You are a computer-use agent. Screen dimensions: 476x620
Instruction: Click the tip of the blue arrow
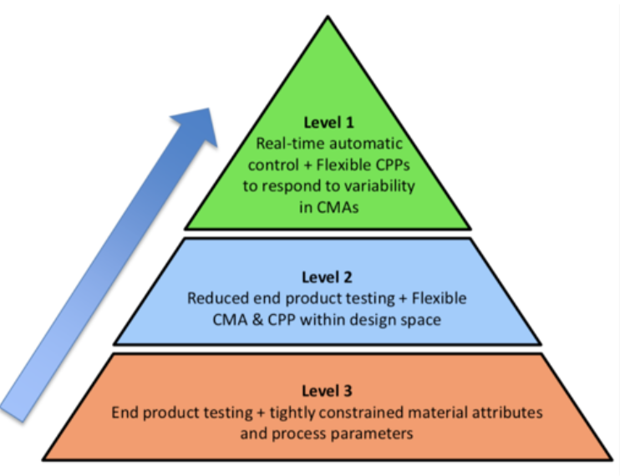coord(213,106)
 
